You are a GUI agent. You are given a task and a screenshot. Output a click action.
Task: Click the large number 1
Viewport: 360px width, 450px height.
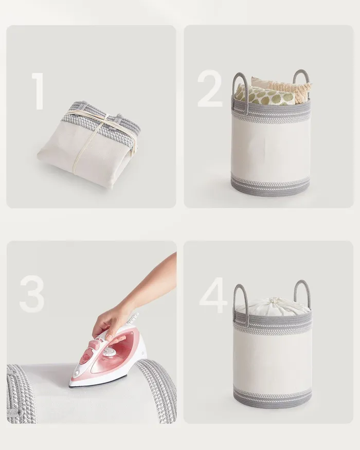point(39,91)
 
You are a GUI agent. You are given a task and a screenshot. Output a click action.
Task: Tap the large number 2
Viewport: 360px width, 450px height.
point(210,88)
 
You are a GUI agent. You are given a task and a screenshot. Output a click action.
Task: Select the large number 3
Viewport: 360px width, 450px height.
point(32,294)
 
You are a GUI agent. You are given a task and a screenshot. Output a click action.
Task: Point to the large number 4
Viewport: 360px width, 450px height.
point(213,295)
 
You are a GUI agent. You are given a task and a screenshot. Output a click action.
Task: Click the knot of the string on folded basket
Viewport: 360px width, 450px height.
point(107,117)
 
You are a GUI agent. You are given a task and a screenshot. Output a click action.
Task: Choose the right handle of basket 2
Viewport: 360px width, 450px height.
point(301,83)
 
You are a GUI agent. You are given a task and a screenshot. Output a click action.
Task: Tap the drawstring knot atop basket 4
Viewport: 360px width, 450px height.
point(274,301)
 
